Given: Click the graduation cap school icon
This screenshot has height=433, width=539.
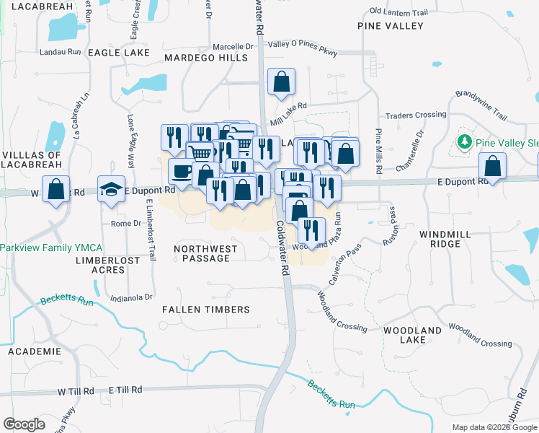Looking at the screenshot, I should click(x=111, y=188).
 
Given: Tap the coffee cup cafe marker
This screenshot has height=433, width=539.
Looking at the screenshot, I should click(x=182, y=171).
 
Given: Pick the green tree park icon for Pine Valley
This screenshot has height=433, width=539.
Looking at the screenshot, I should click(x=465, y=141).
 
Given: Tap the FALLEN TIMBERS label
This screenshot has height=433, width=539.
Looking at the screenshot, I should click(x=205, y=310).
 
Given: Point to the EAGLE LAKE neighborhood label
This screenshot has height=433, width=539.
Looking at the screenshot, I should click(x=118, y=53).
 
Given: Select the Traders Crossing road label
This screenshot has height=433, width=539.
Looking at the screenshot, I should click(x=416, y=115).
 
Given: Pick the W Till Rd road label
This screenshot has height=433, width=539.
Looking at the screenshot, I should click(x=76, y=390).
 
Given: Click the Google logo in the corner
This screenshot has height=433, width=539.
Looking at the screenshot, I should click(x=24, y=424).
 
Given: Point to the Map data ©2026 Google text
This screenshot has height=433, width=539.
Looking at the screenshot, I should click(x=494, y=427).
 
